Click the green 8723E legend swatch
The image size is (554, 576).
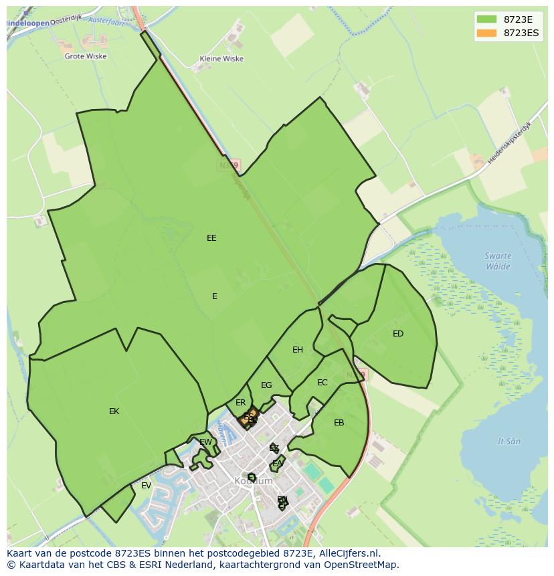[x=486, y=19]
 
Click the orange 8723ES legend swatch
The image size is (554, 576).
[x=486, y=33]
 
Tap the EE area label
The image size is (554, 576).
[x=211, y=237]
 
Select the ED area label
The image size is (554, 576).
[x=398, y=333]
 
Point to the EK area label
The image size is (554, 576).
[x=114, y=411]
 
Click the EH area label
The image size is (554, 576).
[x=298, y=349]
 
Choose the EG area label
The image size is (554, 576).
[x=266, y=385]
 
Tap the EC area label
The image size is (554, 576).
[x=322, y=382]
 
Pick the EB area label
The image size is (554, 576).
[x=339, y=422]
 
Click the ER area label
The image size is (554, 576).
[x=241, y=403]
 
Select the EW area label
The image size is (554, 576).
[x=206, y=442]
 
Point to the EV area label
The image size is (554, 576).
[x=146, y=485]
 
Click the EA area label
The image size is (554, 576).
[x=277, y=463]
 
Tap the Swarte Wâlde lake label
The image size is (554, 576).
[x=498, y=261]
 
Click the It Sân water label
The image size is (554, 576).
[x=509, y=441]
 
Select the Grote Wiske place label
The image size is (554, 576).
[x=85, y=56]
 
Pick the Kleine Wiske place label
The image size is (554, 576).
[x=221, y=59]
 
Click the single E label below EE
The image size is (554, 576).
[x=214, y=296]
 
